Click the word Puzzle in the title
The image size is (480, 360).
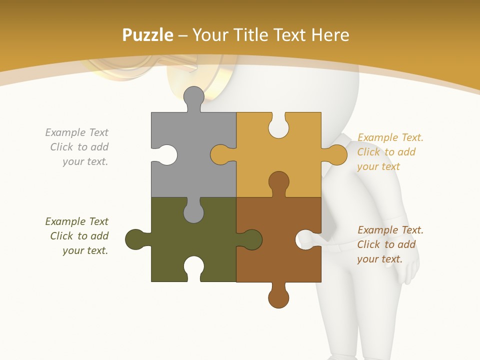147,35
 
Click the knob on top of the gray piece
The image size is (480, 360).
194,96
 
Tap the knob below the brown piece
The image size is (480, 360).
278,297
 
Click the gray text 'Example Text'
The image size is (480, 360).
76,132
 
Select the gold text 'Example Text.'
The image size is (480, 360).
390,137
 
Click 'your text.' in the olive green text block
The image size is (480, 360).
85,250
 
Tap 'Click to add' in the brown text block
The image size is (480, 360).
386,244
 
